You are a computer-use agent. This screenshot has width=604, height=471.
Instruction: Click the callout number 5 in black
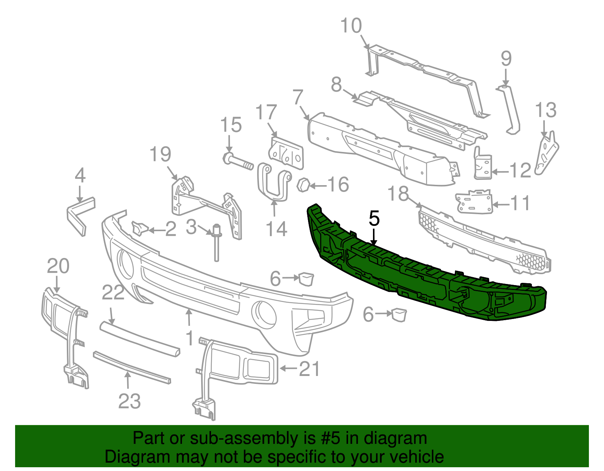(x=374, y=219)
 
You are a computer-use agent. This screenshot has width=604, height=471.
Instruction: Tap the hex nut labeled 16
(x=304, y=185)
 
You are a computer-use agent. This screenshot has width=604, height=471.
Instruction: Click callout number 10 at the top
(x=351, y=26)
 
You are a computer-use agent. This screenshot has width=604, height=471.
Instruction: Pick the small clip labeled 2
(x=139, y=229)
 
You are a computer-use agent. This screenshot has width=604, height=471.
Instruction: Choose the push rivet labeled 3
(x=217, y=241)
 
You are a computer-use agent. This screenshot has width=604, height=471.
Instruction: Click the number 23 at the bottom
(x=129, y=401)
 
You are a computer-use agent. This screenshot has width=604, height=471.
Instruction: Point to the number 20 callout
(x=58, y=266)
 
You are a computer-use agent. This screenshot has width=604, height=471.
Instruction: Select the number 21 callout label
(x=310, y=369)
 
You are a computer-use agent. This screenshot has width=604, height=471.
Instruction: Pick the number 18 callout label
(x=398, y=194)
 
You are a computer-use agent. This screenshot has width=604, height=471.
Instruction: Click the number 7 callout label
(x=298, y=97)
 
